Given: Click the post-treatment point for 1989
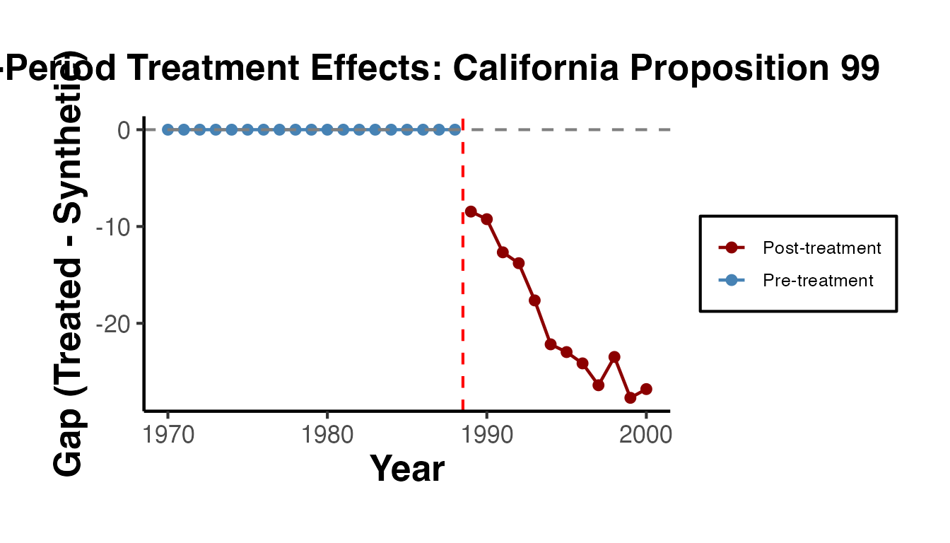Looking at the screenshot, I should pos(471,211).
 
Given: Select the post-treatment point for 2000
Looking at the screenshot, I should pos(646,389).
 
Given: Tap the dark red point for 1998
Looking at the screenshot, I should pos(614,357).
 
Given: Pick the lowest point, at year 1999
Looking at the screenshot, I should pos(631,398).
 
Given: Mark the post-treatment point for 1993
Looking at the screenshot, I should pos(534,300).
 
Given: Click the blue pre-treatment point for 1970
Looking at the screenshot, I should pos(168,129).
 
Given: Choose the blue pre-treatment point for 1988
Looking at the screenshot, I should pos(455,129).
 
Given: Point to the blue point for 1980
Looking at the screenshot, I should pos(327,129).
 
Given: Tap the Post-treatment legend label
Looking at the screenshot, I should pos(822,248).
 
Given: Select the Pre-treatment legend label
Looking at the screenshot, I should pos(818,281).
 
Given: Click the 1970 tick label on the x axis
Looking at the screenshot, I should pos(168,434).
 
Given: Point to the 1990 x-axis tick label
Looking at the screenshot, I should pos(486,434).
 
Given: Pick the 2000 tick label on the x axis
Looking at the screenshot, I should pos(646,434).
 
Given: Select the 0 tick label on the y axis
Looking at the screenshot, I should pos(124,130).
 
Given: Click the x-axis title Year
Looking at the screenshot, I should pos(407,469).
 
